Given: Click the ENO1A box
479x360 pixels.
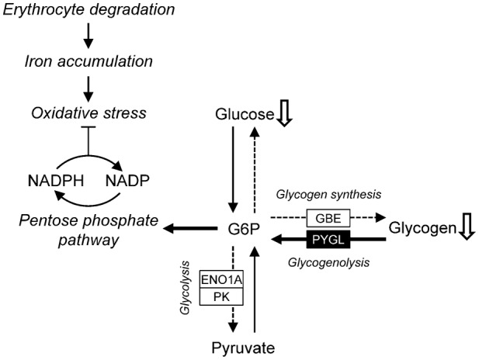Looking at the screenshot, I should pos(221,279).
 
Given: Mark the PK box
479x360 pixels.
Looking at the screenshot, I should pos(221,296).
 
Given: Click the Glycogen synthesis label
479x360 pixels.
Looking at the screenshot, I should pos(327,194).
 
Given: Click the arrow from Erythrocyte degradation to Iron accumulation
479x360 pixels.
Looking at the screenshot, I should pos(89,34).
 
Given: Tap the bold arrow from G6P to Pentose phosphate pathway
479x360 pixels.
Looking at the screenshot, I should pos(190,229).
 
